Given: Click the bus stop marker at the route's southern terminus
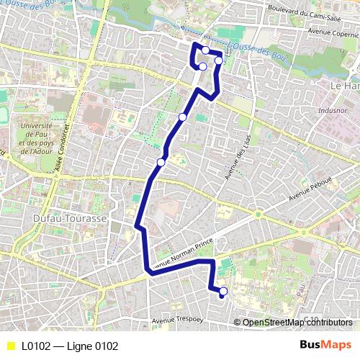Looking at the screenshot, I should (x=223, y=292).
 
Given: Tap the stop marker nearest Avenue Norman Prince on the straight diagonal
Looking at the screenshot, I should (x=161, y=163).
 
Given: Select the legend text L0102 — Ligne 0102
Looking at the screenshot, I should (x=69, y=346).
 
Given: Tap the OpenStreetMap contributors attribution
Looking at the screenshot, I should (x=297, y=323).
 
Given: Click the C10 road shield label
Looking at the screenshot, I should (x=310, y=318).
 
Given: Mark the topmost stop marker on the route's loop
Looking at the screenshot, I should (x=206, y=50).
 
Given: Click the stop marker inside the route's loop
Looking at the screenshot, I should (x=203, y=67).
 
